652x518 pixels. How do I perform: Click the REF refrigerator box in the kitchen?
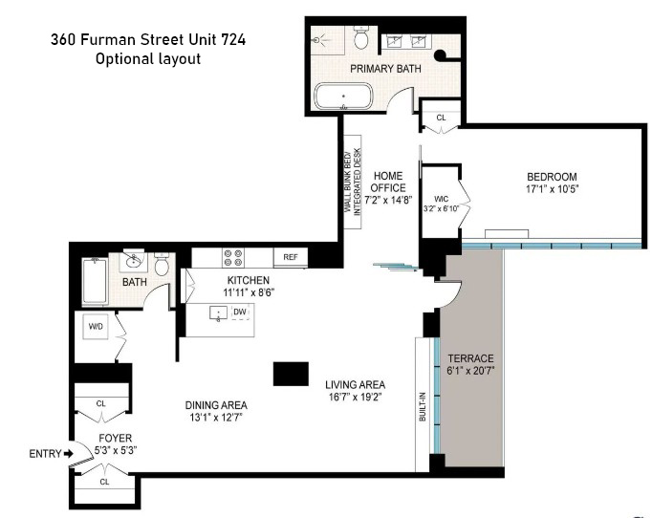click(291, 257)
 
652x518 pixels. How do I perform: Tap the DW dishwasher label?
click(240, 313)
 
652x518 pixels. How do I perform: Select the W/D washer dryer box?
click(97, 327)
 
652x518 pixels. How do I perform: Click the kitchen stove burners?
click(232, 257)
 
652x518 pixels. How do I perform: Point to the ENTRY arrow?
click(67, 453)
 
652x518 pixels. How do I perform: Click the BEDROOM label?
click(552, 177)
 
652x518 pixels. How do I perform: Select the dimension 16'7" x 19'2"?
click(355, 399)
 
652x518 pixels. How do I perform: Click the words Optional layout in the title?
click(148, 59)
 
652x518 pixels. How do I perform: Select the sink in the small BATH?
click(132, 259)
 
